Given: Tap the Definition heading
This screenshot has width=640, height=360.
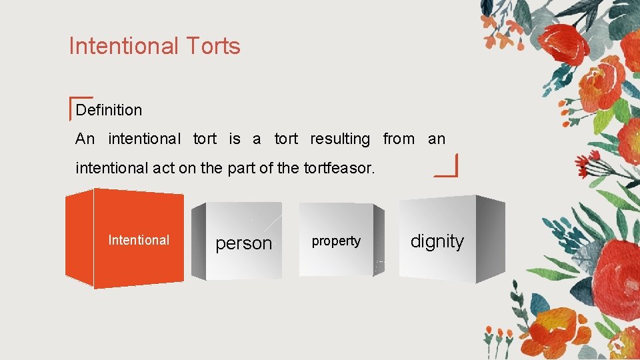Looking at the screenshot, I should tap(109, 110).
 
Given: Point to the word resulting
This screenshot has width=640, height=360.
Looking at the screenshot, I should tap(340, 139).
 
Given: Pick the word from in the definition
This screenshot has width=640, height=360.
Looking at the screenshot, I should tap(399, 139).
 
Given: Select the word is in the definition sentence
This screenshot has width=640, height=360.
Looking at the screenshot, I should tap(235, 139).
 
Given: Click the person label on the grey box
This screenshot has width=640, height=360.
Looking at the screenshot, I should tap(244, 244).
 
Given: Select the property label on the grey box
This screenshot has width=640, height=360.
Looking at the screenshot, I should tap(336, 241).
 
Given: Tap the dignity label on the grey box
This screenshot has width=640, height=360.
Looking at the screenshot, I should tap(437, 241).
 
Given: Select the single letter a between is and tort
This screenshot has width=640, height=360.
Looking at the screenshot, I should tap(257, 139).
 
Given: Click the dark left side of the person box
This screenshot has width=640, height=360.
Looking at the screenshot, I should tap(198, 241).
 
